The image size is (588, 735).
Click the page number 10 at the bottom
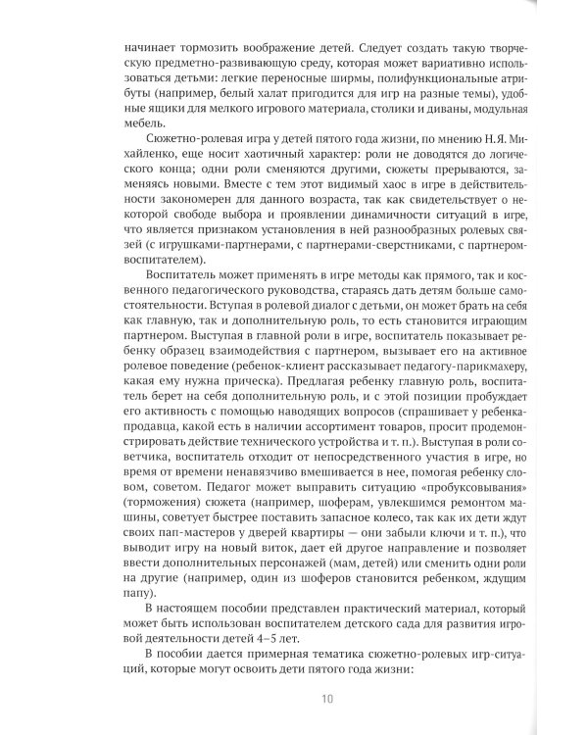(327, 698)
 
